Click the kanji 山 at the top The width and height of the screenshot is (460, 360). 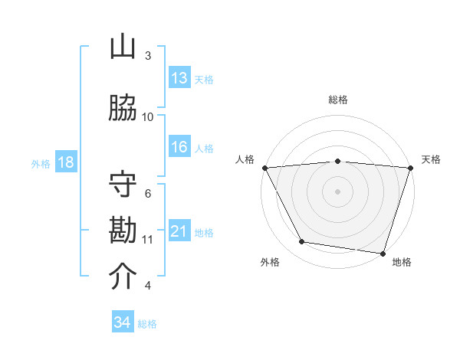[x=123, y=47]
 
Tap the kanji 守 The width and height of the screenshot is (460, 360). [x=123, y=185]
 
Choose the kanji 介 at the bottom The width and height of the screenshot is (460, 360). [x=123, y=277]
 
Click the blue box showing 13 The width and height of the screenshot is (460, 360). [x=179, y=78]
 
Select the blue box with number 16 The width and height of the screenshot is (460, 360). [x=179, y=147]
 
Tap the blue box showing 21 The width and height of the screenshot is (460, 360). [x=179, y=231]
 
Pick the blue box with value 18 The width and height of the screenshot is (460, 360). [x=65, y=162]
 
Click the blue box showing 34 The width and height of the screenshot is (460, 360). [x=123, y=322]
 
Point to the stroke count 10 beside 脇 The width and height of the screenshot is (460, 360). [x=148, y=116]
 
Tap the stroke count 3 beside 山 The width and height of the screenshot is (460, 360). [x=148, y=56]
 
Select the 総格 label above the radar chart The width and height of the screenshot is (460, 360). [x=338, y=100]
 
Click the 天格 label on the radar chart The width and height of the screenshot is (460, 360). [x=432, y=159]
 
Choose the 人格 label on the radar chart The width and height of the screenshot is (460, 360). [x=245, y=159]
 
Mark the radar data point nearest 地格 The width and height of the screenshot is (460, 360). [x=382, y=253]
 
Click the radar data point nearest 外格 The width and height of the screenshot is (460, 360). [x=302, y=242]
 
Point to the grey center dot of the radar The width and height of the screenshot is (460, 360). [x=338, y=191]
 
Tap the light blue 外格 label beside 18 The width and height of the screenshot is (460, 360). [x=41, y=163]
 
